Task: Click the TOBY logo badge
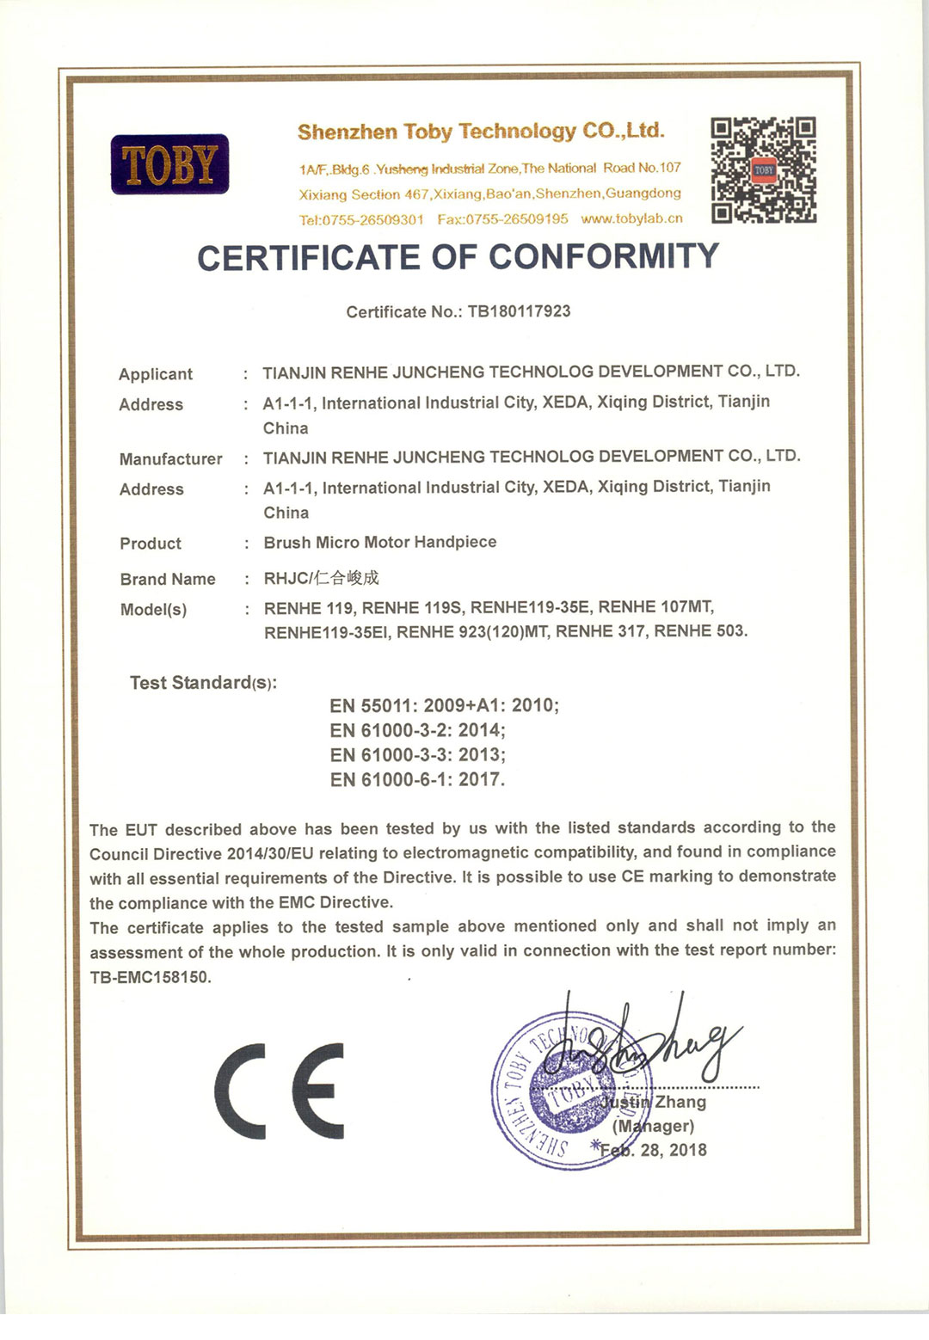(169, 164)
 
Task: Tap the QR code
(763, 170)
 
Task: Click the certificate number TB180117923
(519, 311)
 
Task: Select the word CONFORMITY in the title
(604, 257)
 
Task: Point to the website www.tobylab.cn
(631, 218)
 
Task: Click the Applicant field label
(156, 374)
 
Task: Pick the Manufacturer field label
(170, 459)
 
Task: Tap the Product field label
(151, 544)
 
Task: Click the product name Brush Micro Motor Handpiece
(380, 542)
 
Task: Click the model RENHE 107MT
(655, 607)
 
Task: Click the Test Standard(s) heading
(203, 683)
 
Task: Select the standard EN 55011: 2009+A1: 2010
(444, 705)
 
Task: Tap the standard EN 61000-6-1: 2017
(417, 779)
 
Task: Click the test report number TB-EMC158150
(150, 977)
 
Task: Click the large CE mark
(280, 1091)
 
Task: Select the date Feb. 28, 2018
(654, 1150)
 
